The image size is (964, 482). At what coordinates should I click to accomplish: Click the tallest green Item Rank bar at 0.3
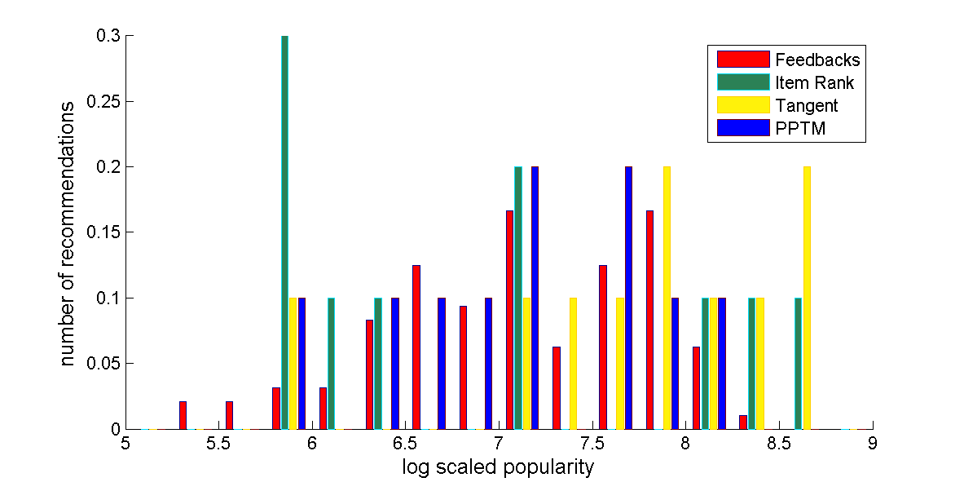click(x=284, y=232)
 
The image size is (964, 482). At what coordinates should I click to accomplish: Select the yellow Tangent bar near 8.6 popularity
click(x=807, y=298)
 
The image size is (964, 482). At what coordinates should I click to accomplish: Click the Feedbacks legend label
click(x=817, y=60)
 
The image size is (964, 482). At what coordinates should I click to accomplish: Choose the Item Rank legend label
click(x=815, y=82)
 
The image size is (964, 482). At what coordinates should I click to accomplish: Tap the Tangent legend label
click(x=807, y=105)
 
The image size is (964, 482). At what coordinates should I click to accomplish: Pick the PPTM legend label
click(x=801, y=128)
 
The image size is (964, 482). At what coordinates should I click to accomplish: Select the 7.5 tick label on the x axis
click(x=592, y=444)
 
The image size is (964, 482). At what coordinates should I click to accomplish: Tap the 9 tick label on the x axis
click(x=873, y=444)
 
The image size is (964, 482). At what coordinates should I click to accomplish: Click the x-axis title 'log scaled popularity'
click(x=498, y=467)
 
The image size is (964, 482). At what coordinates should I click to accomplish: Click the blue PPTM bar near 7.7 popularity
click(x=628, y=298)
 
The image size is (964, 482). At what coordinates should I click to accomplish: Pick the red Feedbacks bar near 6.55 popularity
click(x=416, y=347)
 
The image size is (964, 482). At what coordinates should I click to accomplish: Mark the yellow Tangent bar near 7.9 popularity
click(x=667, y=298)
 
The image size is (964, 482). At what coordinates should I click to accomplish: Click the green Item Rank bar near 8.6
click(x=798, y=363)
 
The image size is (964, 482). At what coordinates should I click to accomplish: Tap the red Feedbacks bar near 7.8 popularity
click(x=649, y=320)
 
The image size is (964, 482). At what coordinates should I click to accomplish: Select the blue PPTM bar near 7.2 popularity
click(x=535, y=298)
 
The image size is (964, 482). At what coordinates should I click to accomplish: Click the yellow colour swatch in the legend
click(x=743, y=105)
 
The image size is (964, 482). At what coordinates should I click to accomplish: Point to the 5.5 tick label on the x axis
click(x=218, y=444)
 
